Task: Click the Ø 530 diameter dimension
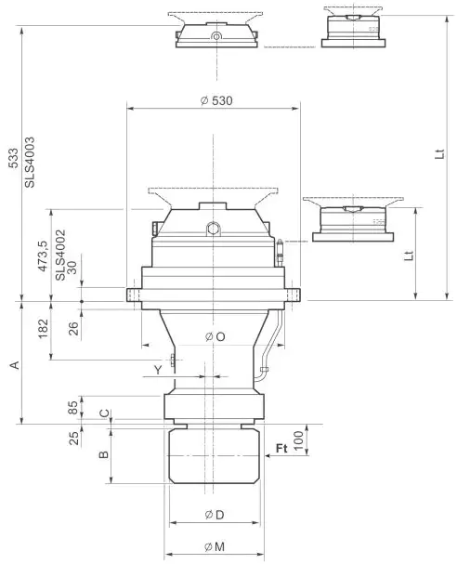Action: click(x=215, y=100)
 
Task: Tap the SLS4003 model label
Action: click(x=30, y=164)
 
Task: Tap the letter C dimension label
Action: click(x=105, y=413)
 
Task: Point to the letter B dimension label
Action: click(x=105, y=454)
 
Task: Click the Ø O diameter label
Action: click(x=214, y=336)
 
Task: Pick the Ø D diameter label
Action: click(x=213, y=516)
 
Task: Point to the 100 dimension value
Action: click(x=299, y=440)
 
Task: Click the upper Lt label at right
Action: click(x=437, y=157)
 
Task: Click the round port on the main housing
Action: click(x=214, y=226)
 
